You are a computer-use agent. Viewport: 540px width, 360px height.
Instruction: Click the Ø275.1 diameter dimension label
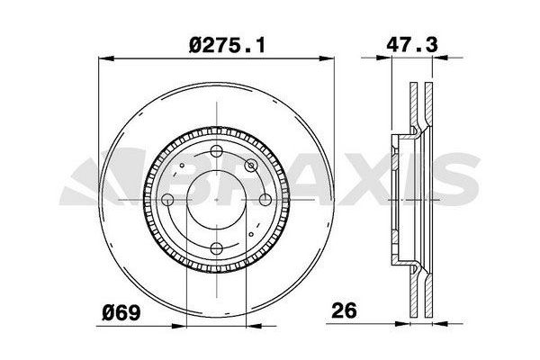(x=228, y=46)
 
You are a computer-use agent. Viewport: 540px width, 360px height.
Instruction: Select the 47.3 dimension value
(x=412, y=45)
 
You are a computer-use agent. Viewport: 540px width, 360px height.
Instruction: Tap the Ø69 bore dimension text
(x=121, y=313)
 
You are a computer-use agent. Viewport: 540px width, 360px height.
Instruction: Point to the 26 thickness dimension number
(x=344, y=310)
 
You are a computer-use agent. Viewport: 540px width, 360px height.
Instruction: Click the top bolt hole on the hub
(x=216, y=150)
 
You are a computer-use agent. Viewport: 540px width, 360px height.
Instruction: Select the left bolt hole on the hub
(x=167, y=200)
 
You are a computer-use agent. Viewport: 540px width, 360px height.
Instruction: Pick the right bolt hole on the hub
(x=265, y=200)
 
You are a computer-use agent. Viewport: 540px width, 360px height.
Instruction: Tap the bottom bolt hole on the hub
(x=216, y=248)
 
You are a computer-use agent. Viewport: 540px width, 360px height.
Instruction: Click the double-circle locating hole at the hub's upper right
(x=251, y=166)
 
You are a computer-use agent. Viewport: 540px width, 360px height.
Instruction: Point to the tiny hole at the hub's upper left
(x=182, y=166)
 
